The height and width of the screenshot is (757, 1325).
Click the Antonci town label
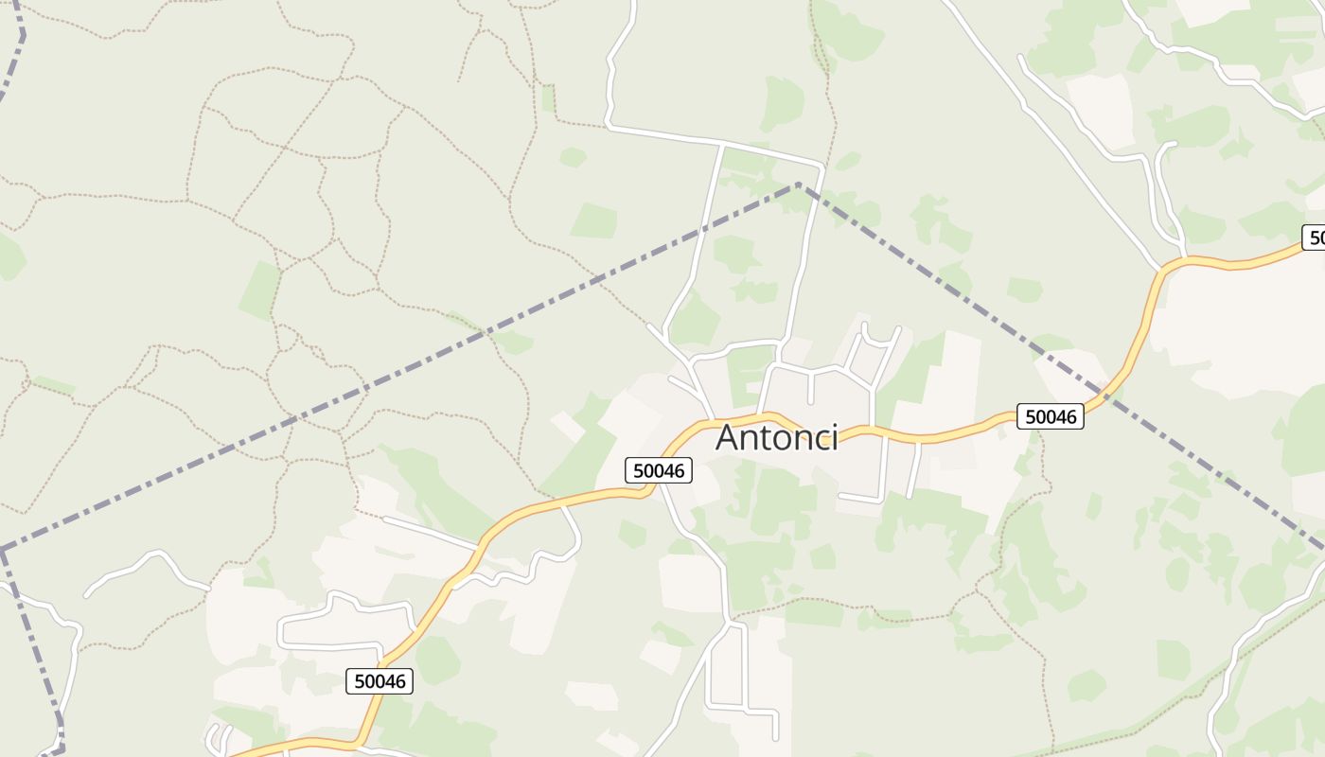[x=776, y=437]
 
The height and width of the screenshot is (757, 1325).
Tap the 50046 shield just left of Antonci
[x=659, y=470]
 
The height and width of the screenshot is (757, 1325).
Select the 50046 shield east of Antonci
[x=1050, y=416]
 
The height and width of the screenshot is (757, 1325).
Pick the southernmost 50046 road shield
[x=380, y=680]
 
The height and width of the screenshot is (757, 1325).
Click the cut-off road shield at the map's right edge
[x=1314, y=238]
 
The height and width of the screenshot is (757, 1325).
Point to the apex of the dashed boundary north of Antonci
[x=800, y=184]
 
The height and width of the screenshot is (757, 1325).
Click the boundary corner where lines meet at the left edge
[x=3, y=549]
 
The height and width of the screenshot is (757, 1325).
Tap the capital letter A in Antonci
[x=728, y=438]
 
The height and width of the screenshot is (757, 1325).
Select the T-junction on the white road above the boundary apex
[x=723, y=144]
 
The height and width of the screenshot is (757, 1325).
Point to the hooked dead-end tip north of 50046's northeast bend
[x=1175, y=144]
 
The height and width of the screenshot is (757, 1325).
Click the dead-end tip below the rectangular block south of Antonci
[x=775, y=738]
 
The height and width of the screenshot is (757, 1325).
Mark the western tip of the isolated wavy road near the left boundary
[x=87, y=595]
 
